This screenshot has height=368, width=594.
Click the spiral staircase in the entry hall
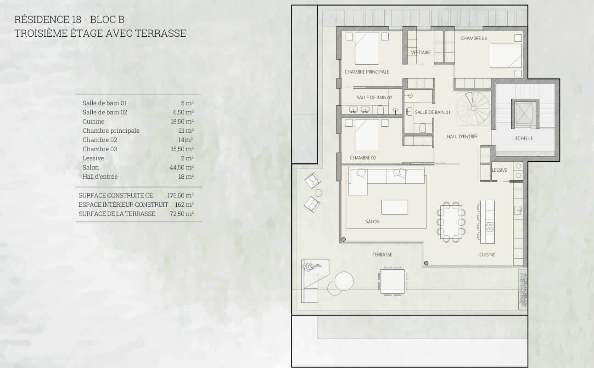pyautogui.click(x=473, y=108)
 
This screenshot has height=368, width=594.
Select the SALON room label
pyautogui.click(x=372, y=221)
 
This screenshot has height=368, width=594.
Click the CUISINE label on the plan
pyautogui.click(x=487, y=255)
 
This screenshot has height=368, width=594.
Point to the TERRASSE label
pyautogui.click(x=382, y=255)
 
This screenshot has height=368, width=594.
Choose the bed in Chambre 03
pyautogui.click(x=506, y=56)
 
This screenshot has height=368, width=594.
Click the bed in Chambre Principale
pyautogui.click(x=367, y=49)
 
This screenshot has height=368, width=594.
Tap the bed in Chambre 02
pyautogui.click(x=367, y=135)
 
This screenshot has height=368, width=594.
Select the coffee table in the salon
pyautogui.click(x=395, y=207)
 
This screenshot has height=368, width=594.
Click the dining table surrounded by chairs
pyautogui.click(x=451, y=222)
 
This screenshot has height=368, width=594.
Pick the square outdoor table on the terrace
pyautogui.click(x=392, y=281)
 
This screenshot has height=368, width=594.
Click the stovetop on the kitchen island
pyautogui.click(x=490, y=227)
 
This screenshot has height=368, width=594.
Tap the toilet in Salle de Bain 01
pyautogui.click(x=422, y=128)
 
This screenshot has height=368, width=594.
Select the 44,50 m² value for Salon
pyautogui.click(x=182, y=167)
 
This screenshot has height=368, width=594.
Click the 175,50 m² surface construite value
pyautogui.click(x=180, y=195)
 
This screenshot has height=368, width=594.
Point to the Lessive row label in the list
pyautogui.click(x=93, y=158)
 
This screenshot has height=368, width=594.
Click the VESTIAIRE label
pyautogui.click(x=420, y=52)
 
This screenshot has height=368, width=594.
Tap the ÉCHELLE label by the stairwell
pyautogui.click(x=524, y=138)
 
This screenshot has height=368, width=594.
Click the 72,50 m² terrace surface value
pyautogui.click(x=182, y=214)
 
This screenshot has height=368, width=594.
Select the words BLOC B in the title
pyautogui.click(x=107, y=19)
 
